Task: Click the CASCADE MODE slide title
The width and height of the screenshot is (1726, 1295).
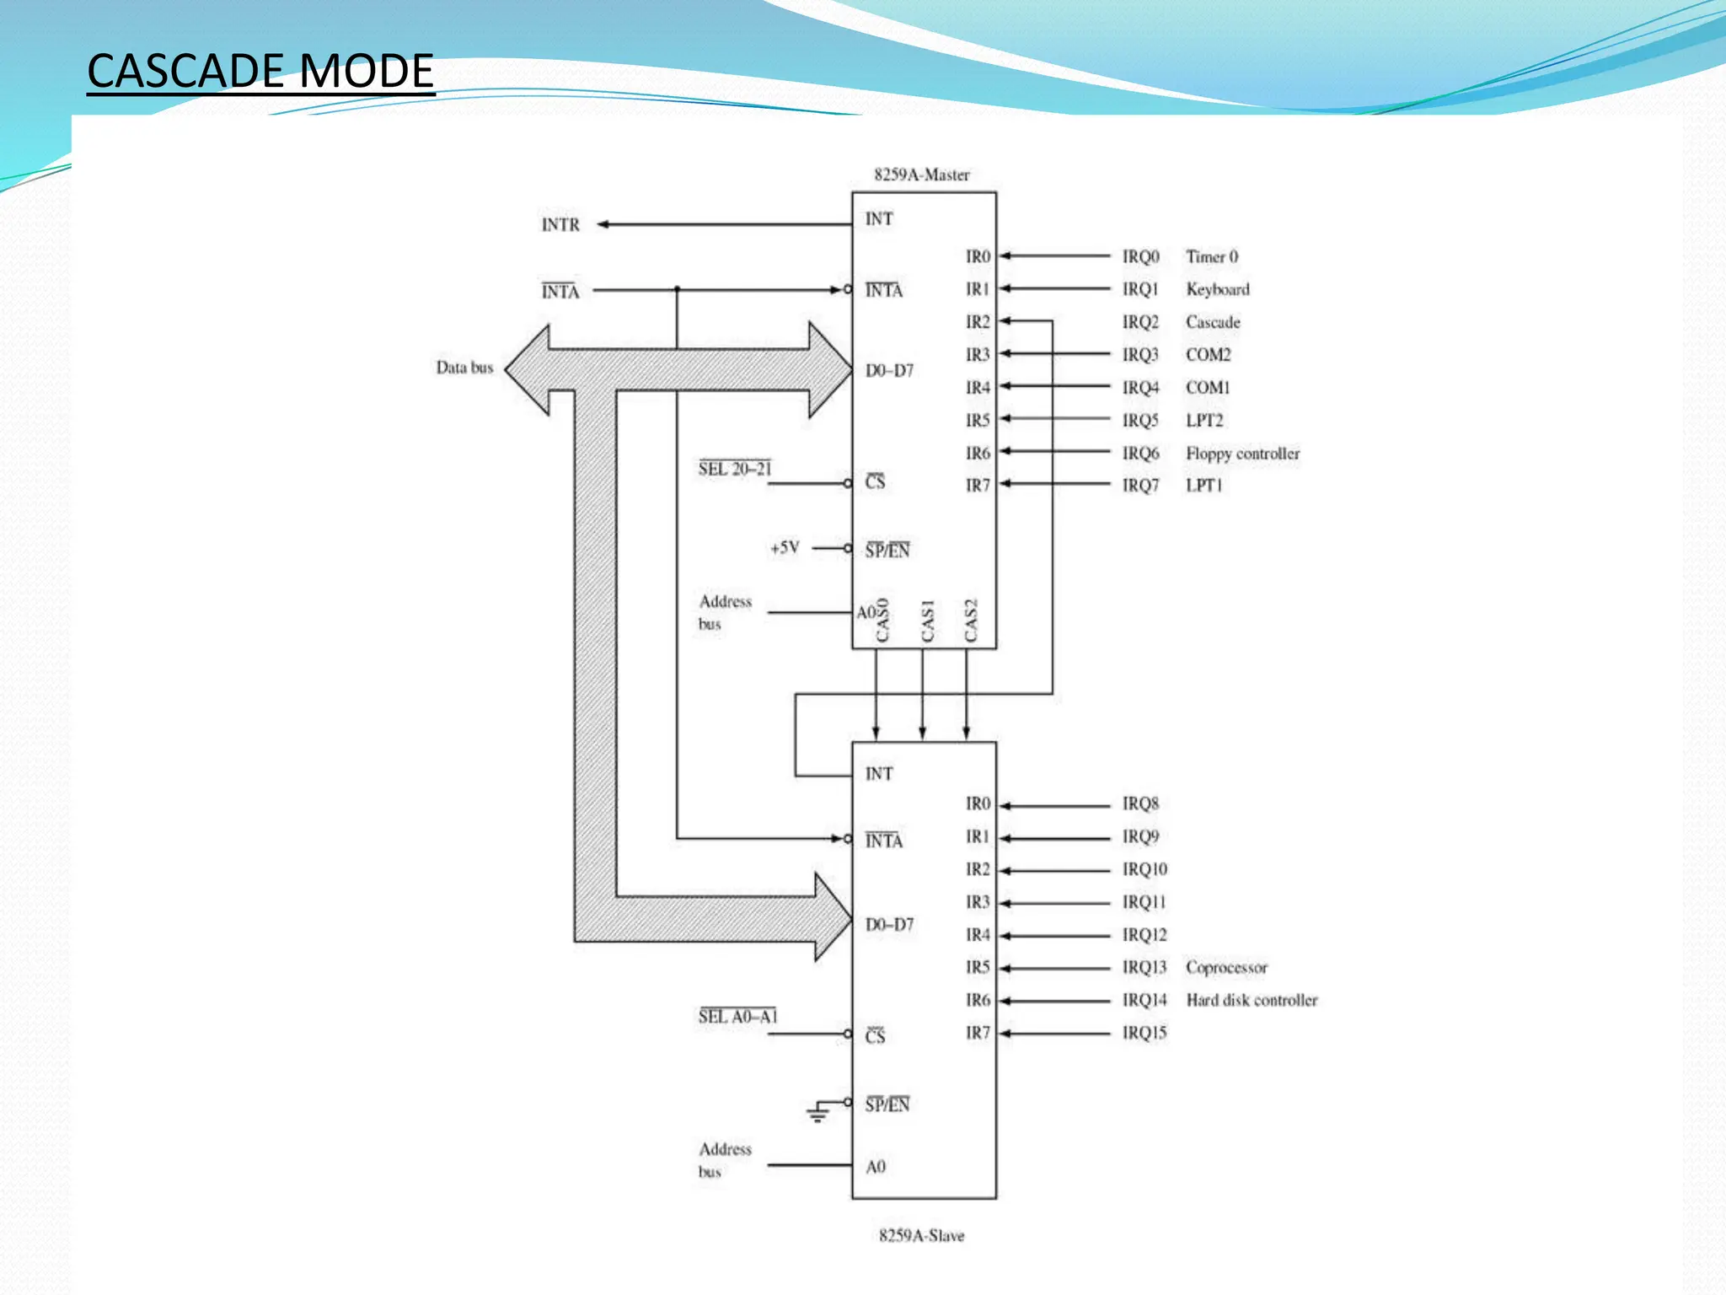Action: (260, 71)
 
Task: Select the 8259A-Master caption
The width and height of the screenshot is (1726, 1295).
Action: (921, 175)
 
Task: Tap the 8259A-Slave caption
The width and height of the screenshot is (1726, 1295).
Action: (921, 1235)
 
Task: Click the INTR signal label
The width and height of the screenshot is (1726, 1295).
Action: (560, 225)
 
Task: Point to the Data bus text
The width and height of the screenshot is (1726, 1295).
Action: (464, 368)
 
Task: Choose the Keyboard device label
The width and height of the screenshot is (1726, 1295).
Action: (1217, 289)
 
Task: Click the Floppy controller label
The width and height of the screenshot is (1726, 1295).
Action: (1242, 454)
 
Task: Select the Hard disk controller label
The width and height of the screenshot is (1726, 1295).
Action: (1252, 1000)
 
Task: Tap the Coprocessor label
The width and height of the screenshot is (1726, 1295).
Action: (1226, 967)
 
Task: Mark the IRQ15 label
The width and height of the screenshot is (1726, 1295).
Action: (1144, 1033)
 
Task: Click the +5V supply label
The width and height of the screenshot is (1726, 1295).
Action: (785, 548)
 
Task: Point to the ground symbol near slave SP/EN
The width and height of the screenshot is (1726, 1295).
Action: (817, 1113)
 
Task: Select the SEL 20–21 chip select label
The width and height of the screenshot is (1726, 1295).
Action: (734, 470)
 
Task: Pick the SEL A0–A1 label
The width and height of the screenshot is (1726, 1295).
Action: (737, 1017)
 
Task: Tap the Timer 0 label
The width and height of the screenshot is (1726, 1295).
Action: (1212, 256)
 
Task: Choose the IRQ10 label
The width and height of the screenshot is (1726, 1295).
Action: (1144, 869)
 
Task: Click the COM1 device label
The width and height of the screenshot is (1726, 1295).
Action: (1208, 388)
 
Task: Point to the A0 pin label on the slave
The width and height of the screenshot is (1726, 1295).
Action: (876, 1167)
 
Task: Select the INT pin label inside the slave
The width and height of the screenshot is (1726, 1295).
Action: (879, 774)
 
